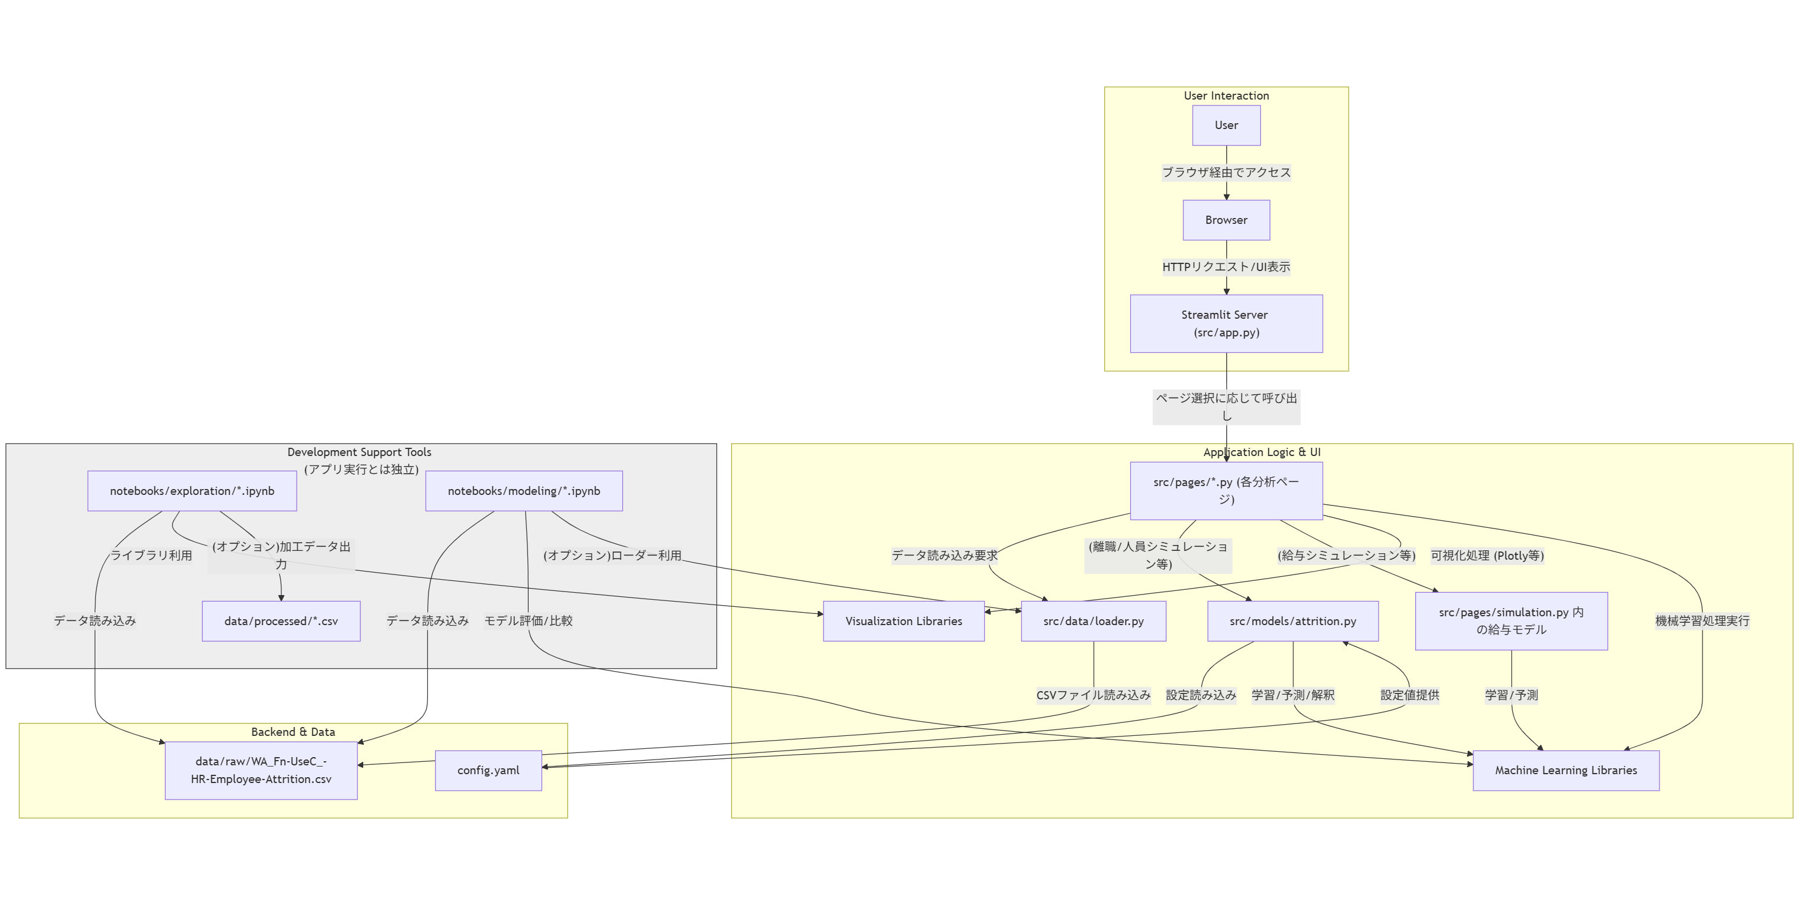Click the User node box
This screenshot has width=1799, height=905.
[x=1226, y=125]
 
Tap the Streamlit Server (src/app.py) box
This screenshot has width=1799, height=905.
[x=1226, y=323]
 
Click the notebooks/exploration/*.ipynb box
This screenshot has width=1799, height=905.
[x=192, y=491]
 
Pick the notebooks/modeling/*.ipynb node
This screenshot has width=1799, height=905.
[x=524, y=491]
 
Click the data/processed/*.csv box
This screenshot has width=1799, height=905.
[x=281, y=620]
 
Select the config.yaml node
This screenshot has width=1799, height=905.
[x=488, y=770]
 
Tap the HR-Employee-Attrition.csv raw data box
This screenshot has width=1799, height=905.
[x=261, y=770]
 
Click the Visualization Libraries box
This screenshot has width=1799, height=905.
[x=903, y=620]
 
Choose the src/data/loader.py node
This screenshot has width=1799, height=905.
[x=1093, y=620]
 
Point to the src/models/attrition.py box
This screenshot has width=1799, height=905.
[x=1293, y=620]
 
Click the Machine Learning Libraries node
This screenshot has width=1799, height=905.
[x=1566, y=770]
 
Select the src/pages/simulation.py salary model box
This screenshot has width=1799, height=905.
[x=1511, y=620]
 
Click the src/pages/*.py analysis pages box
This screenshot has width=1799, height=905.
[x=1226, y=491]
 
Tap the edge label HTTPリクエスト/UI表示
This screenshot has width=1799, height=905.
[x=1226, y=266]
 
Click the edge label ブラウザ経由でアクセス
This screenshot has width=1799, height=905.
[x=1226, y=172]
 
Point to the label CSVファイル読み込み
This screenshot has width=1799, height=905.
[x=1093, y=695]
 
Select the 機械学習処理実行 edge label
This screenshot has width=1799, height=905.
[x=1702, y=620]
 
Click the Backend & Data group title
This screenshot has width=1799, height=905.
[x=293, y=732]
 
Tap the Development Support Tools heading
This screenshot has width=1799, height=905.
[x=359, y=452]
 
